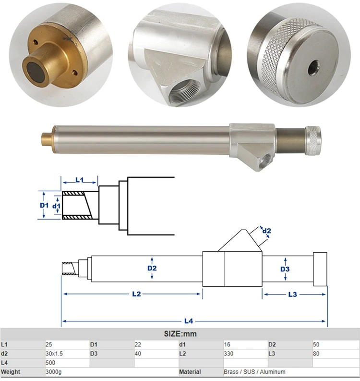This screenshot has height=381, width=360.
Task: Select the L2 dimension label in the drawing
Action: click(x=136, y=294)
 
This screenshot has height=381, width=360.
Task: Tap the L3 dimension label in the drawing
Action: click(x=293, y=294)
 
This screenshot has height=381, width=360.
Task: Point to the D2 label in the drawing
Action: click(x=152, y=268)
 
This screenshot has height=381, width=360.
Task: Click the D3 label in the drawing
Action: click(x=285, y=269)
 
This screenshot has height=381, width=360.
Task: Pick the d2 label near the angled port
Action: click(x=267, y=231)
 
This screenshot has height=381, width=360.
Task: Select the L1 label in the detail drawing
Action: click(x=80, y=180)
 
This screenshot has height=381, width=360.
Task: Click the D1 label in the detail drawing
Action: click(x=44, y=205)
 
